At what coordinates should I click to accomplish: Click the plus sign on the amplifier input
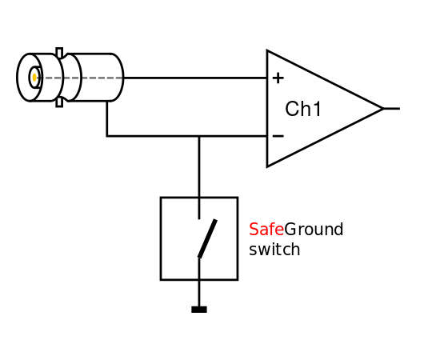[x=278, y=78]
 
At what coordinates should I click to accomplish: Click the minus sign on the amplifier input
[x=278, y=136]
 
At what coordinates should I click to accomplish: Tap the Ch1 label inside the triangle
[x=302, y=109]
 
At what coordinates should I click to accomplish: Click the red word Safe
[x=266, y=230]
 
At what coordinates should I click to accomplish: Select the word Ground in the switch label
[x=314, y=230]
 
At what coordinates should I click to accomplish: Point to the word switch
[x=274, y=249]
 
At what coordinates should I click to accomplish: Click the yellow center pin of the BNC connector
[x=34, y=78]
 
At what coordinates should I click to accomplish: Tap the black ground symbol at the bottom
[x=199, y=310]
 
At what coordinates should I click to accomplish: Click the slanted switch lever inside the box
[x=207, y=238]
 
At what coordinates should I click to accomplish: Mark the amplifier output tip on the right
[x=383, y=108]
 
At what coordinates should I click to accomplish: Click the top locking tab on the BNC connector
[x=59, y=53]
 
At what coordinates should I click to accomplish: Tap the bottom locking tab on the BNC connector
[x=59, y=102]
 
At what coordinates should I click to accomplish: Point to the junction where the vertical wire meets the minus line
[x=199, y=136]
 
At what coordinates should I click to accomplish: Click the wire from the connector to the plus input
[x=195, y=78]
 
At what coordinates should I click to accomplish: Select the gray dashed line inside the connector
[x=79, y=78]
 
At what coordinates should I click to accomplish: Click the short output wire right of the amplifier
[x=392, y=108]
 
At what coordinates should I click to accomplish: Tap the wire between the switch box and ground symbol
[x=199, y=294]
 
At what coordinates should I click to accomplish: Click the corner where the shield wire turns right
[x=107, y=136]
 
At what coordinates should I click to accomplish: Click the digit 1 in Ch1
[x=317, y=109]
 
